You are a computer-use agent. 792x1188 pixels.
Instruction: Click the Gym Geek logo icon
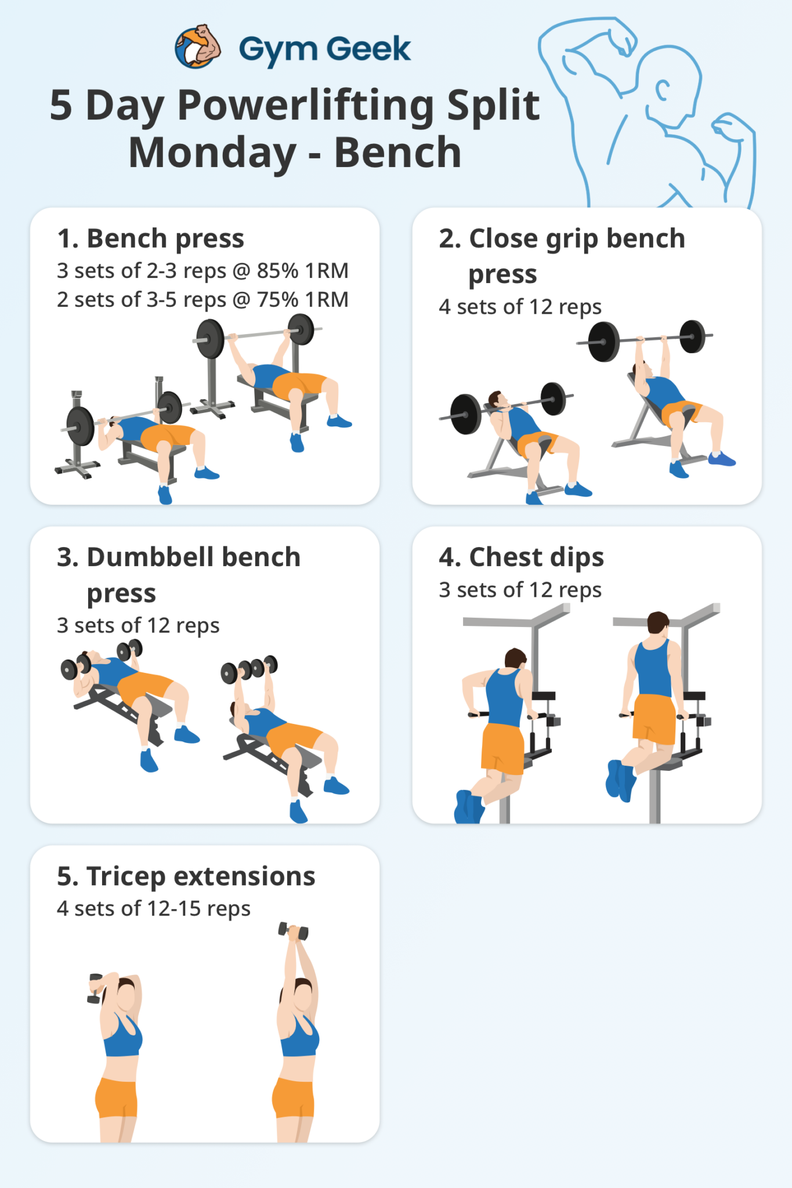[x=197, y=47]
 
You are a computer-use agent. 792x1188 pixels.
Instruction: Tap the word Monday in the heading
[x=212, y=153]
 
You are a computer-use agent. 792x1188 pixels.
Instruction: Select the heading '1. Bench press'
[x=151, y=238]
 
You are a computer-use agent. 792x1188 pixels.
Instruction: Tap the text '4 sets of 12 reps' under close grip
[x=520, y=307]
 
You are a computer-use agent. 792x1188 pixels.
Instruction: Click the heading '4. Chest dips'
[x=521, y=557]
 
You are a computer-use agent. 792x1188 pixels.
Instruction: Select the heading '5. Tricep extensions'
[x=186, y=876]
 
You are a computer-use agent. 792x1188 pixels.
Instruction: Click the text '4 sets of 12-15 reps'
[x=153, y=908]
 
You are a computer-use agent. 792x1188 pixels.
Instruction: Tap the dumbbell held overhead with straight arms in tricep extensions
[x=294, y=931]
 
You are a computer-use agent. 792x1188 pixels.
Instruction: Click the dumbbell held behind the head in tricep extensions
[x=95, y=988]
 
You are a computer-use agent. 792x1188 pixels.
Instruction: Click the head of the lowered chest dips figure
[x=515, y=658]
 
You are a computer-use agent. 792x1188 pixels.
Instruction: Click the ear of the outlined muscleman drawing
[x=663, y=90]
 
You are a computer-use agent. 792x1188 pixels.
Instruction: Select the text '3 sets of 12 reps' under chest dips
[x=520, y=590]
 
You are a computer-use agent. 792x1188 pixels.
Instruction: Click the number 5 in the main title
[x=61, y=106]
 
